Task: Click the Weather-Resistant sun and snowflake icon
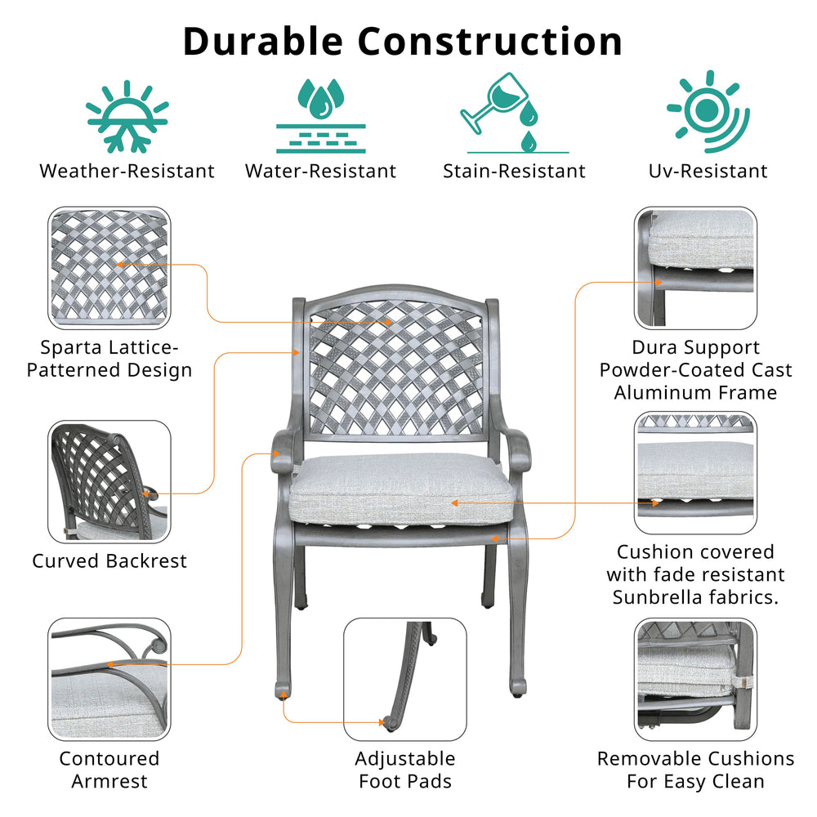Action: click(x=127, y=117)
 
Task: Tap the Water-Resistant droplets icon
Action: click(x=320, y=115)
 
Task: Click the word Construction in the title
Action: click(x=490, y=41)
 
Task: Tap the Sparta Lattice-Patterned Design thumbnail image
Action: click(x=109, y=267)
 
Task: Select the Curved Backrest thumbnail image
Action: click(x=109, y=482)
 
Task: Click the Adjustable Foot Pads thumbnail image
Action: click(x=405, y=679)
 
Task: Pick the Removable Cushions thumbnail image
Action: click(x=695, y=680)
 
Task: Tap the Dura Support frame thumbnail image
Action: click(x=695, y=267)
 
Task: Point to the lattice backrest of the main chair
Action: click(x=396, y=368)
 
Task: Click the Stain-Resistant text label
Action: click(x=514, y=172)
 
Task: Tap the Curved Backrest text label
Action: click(x=109, y=561)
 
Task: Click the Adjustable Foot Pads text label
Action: click(x=405, y=770)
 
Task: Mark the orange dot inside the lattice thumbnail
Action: click(x=121, y=265)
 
